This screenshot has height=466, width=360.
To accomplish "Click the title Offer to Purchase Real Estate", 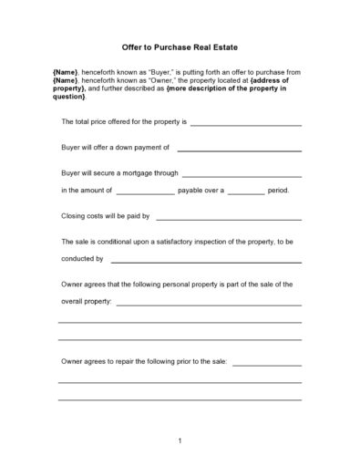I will click(180, 47).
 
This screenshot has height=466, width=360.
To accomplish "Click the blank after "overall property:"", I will click(209, 303).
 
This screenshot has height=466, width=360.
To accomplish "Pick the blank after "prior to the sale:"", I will click(266, 363).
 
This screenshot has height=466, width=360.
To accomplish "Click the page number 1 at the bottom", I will click(180, 441).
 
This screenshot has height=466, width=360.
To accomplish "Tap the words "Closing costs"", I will click(82, 216).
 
